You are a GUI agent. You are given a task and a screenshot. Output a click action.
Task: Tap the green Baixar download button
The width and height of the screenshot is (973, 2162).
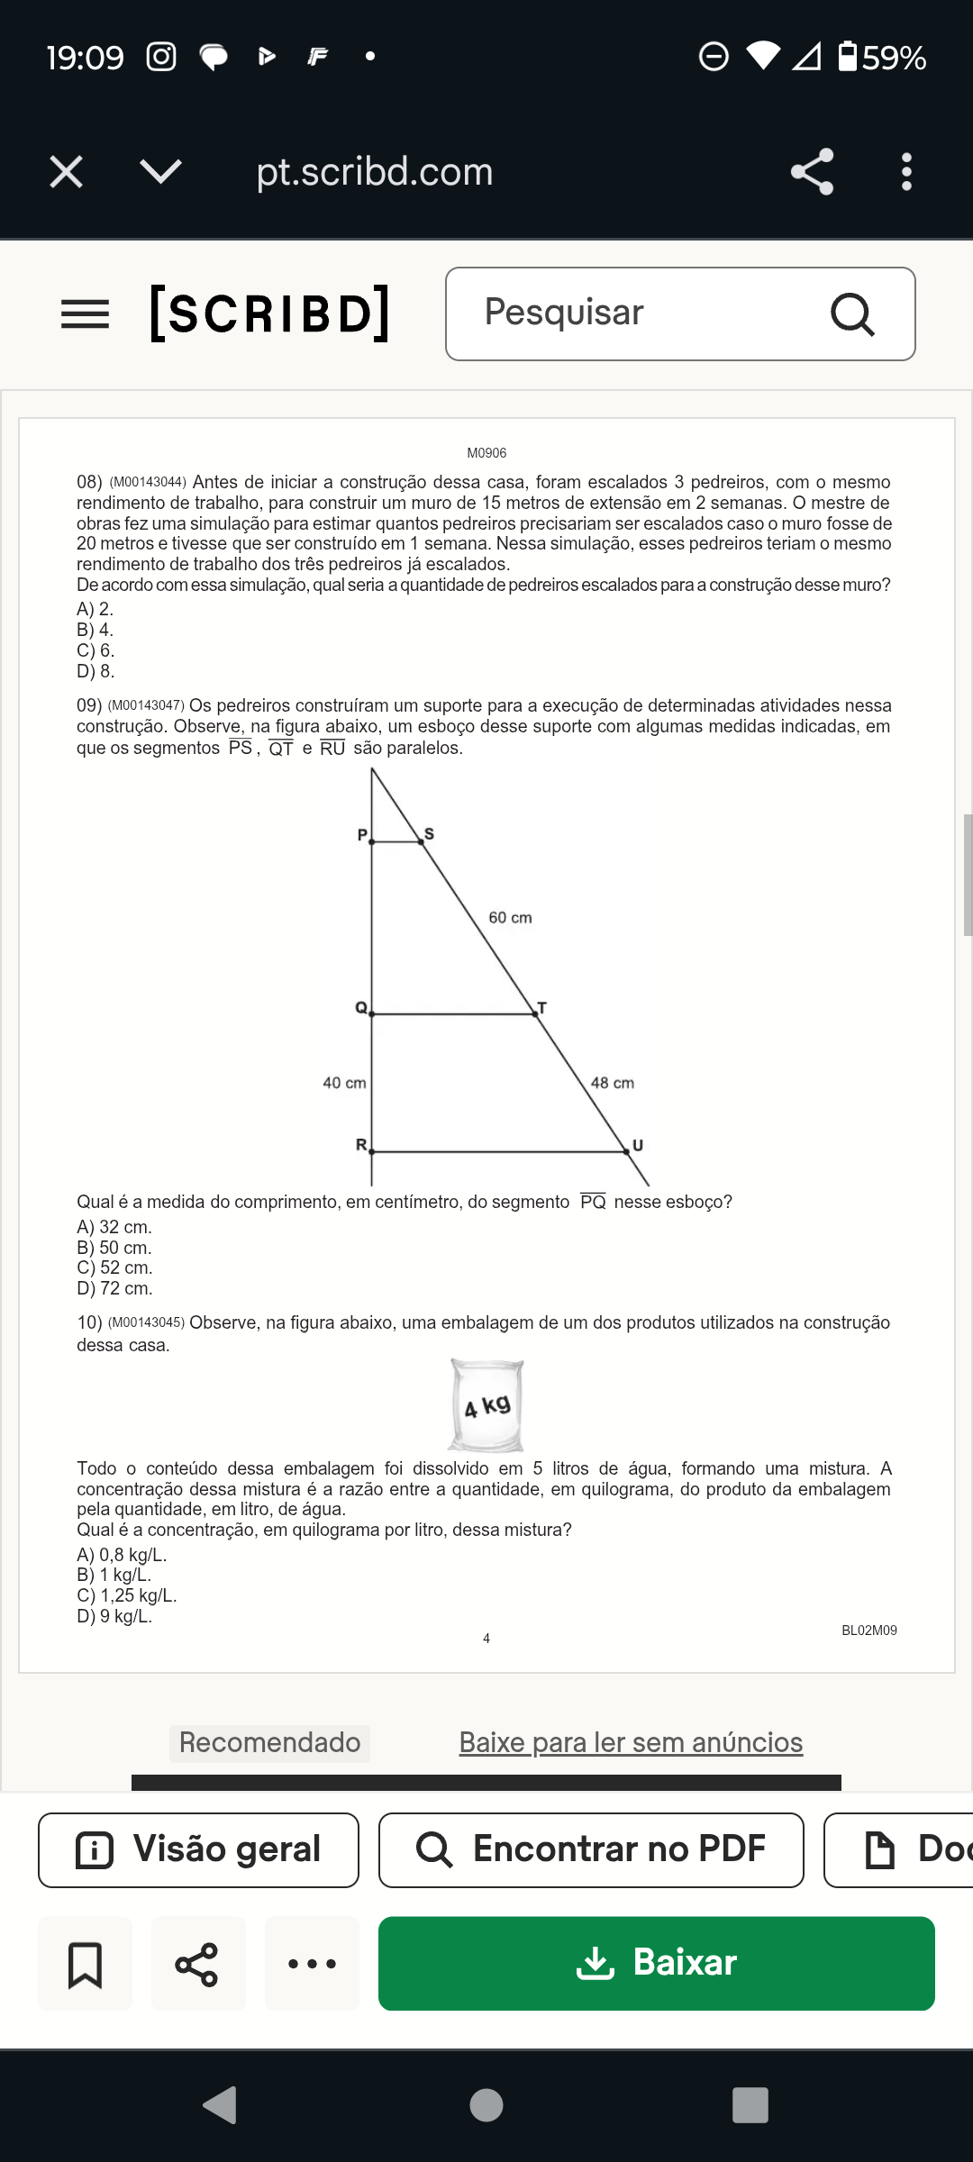coord(656,1963)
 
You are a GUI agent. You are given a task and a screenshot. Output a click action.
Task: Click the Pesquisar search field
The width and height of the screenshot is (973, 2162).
coord(649,313)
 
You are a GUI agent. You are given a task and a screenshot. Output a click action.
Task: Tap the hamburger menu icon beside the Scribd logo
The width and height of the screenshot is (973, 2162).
coord(85,314)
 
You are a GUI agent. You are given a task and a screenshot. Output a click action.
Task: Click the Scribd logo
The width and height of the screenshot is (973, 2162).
coord(269,313)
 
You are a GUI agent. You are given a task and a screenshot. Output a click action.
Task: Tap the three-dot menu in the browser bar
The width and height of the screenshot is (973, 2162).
coord(906,171)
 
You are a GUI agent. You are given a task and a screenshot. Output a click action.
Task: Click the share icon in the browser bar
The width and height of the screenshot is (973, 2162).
coord(812,171)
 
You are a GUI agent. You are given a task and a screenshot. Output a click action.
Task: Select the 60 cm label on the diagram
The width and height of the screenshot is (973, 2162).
coord(510,918)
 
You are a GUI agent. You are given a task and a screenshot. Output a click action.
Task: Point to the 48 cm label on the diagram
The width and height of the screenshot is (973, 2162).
coord(613,1083)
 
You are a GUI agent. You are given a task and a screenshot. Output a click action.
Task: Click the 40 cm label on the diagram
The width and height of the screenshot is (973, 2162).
coord(344,1083)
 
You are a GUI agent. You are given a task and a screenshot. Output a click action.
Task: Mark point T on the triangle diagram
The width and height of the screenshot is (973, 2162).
coord(536,1013)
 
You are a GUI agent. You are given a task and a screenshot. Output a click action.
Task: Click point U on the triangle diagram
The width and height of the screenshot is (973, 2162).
coord(627,1150)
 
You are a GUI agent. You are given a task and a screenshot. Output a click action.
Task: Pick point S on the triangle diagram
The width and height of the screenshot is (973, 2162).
coord(422,841)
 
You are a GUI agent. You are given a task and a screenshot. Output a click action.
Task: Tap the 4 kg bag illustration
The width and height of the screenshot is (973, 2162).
coord(486,1405)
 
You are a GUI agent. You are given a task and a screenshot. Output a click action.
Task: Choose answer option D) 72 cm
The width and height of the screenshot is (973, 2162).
coord(114,1288)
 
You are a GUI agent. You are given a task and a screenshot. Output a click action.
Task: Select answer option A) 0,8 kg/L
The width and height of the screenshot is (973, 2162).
coord(122,1555)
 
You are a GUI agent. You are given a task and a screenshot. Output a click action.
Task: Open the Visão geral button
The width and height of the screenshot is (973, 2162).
coord(198,1849)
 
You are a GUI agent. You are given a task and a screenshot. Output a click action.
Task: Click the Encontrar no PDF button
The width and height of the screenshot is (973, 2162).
coord(591,1849)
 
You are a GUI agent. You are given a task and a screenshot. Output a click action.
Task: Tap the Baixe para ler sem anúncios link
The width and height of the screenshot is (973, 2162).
coord(631,1742)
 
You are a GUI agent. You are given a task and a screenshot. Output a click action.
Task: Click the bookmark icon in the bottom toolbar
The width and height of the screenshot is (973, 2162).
coord(85,1964)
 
